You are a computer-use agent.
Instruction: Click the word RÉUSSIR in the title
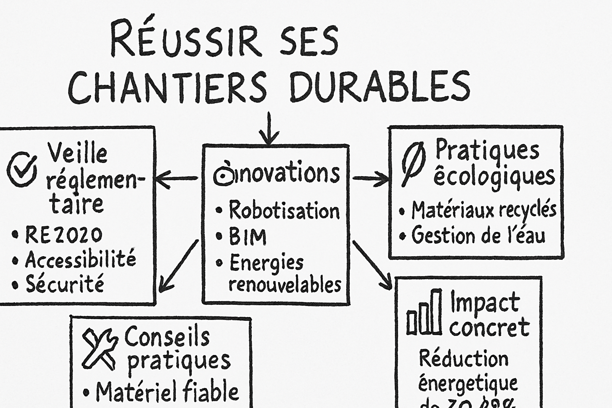[186, 40]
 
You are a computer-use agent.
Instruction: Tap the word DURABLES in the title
[380, 86]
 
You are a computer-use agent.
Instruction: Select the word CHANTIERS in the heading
[167, 87]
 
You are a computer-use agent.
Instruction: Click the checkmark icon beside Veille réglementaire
[22, 170]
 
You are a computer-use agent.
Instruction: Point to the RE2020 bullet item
[63, 235]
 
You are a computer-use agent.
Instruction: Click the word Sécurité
[65, 284]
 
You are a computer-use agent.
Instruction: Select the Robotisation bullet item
[284, 210]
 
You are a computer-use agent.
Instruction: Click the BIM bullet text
[247, 237]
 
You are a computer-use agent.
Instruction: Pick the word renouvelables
[285, 284]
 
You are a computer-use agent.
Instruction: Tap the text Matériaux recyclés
[484, 210]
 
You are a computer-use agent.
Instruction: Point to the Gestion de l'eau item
[478, 235]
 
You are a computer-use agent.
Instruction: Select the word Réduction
[463, 359]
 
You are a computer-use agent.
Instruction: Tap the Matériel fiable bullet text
[167, 392]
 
